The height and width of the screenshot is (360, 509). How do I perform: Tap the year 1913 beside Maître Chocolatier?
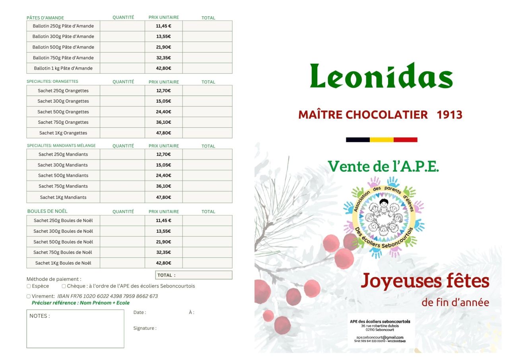coord(449,115)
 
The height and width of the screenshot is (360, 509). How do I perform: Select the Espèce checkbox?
coord(29,286)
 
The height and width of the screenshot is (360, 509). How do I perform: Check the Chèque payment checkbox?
coord(64,286)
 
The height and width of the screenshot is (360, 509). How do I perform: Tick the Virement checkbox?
coord(29,296)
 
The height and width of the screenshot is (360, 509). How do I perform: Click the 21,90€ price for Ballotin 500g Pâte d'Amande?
coord(163,47)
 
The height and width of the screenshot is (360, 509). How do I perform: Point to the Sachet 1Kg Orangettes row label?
coord(63,133)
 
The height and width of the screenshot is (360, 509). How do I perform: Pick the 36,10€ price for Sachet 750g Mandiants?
coord(163,186)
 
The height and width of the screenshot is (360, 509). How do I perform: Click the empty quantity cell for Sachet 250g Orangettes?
coord(122,91)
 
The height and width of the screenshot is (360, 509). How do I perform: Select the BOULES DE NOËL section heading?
coord(47,211)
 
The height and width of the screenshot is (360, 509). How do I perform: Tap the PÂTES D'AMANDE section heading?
coord(45,18)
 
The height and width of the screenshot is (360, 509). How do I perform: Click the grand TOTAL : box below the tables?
coord(193,275)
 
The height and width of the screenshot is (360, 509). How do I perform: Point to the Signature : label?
coord(145,328)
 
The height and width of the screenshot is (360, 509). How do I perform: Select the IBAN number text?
coord(108,296)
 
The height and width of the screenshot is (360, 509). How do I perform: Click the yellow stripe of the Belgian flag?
coord(381,140)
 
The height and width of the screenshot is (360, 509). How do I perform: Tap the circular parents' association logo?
coord(384,217)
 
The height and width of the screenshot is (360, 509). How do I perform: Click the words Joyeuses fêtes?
coord(425,281)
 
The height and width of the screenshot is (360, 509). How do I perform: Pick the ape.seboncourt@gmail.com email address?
coord(380,337)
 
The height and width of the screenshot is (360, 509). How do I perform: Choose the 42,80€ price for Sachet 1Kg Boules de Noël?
coord(163,263)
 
